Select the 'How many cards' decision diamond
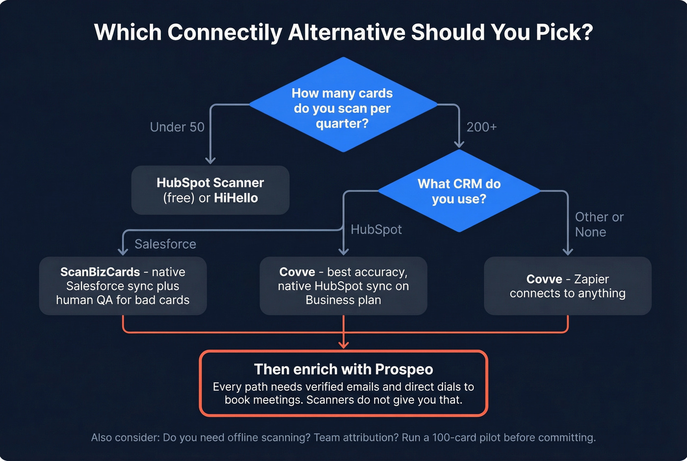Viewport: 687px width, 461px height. pyautogui.click(x=343, y=105)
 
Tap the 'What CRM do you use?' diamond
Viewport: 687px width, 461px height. pyautogui.click(x=459, y=191)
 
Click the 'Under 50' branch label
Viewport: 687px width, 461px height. pyautogui.click(x=177, y=127)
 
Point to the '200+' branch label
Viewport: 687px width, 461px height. pyautogui.click(x=481, y=127)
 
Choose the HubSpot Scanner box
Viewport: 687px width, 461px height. pyautogui.click(x=210, y=190)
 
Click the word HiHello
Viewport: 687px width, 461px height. pyautogui.click(x=236, y=198)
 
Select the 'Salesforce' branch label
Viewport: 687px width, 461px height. pyautogui.click(x=165, y=244)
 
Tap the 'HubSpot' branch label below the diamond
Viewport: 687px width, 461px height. pyautogui.click(x=376, y=229)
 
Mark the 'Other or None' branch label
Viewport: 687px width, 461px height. pyautogui.click(x=599, y=224)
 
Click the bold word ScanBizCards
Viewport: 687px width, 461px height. pyautogui.click(x=100, y=272)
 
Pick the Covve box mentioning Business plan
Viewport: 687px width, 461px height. pyautogui.click(x=343, y=286)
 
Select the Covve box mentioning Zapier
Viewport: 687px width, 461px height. pyautogui.click(x=567, y=286)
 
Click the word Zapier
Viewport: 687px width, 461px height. pyautogui.click(x=591, y=279)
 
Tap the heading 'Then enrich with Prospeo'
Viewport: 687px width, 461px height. pyautogui.click(x=343, y=369)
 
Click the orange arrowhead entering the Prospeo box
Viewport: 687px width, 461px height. pyautogui.click(x=343, y=345)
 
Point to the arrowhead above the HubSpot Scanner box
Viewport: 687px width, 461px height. pyautogui.click(x=211, y=161)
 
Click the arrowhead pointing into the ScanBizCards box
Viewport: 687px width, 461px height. pyautogui.click(x=123, y=252)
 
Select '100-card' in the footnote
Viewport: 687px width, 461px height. pyautogui.click(x=451, y=437)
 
